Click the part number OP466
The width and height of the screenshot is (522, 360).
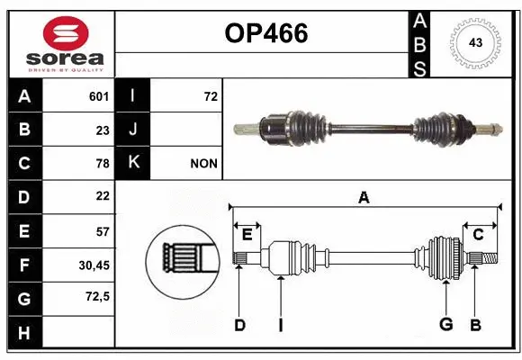click(x=265, y=33)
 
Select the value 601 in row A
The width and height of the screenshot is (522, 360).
click(x=99, y=96)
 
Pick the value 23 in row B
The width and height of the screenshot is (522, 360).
click(x=103, y=130)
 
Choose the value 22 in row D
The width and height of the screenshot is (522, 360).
click(x=103, y=196)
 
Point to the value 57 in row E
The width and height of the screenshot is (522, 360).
click(x=103, y=230)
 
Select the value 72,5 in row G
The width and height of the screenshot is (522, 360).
click(x=96, y=296)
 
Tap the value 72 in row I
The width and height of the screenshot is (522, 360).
click(x=211, y=96)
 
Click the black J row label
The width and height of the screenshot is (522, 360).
click(x=133, y=130)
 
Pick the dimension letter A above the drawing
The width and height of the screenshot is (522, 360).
click(x=364, y=197)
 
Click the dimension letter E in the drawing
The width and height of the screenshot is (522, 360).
click(x=247, y=235)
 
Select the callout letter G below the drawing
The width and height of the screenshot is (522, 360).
click(x=445, y=324)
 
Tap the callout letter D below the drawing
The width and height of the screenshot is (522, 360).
click(x=239, y=325)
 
